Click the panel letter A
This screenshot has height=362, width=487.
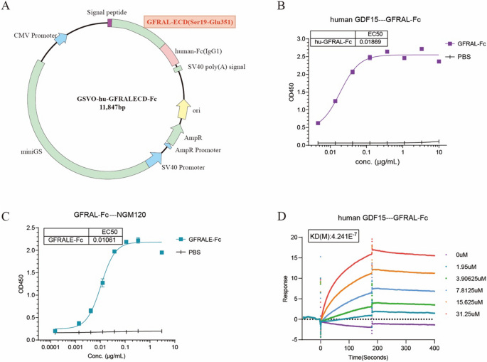tap(9, 8)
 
